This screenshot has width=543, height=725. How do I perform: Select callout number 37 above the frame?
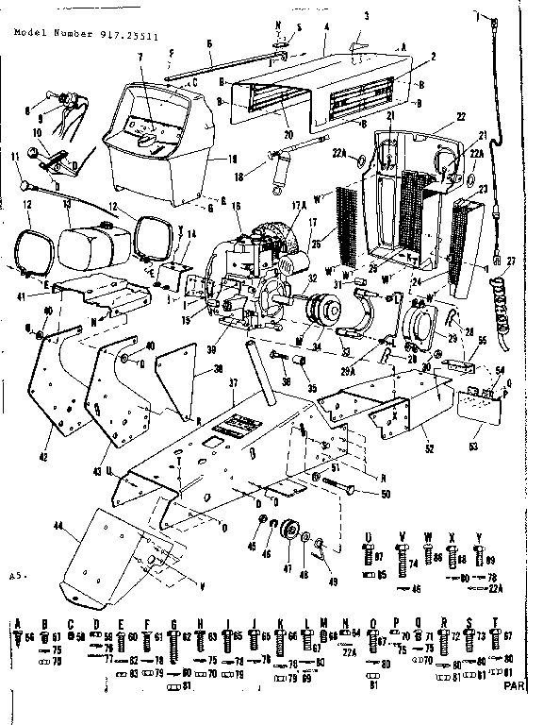tap(231, 382)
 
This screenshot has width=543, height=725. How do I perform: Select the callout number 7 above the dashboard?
tap(140, 85)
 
